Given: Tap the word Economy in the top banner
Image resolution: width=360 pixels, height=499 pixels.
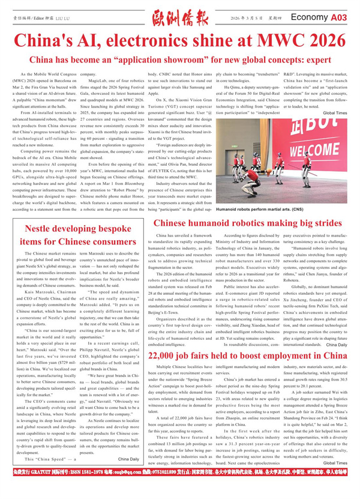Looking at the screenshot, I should pyautogui.click(x=310, y=19).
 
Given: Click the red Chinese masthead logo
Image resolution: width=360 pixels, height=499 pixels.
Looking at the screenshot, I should pyautogui.click(x=180, y=18).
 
